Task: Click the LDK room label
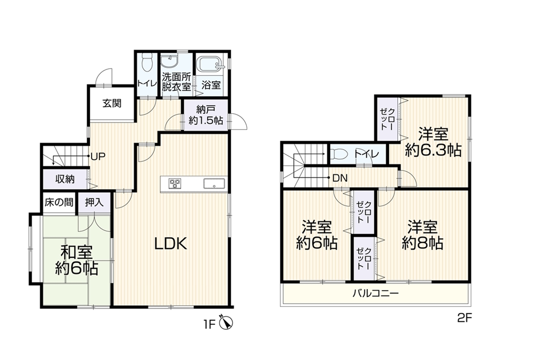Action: (x=170, y=244)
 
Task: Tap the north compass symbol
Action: (x=226, y=323)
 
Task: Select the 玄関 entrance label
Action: (x=112, y=103)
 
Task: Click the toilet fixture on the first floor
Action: (x=147, y=62)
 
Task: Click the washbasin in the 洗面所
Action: (x=169, y=61)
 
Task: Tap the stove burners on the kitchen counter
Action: (x=175, y=183)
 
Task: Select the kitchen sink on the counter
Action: (x=214, y=183)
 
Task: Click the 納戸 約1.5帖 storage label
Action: (x=206, y=115)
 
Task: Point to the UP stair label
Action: (x=98, y=157)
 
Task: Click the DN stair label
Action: (x=340, y=178)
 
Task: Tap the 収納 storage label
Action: (x=65, y=179)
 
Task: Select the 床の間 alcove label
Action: (x=59, y=203)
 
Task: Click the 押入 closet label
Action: (x=95, y=203)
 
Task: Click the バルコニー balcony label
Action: (x=376, y=293)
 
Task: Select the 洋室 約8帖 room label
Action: (x=423, y=235)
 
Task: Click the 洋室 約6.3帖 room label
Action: (x=433, y=142)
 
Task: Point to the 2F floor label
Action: (x=464, y=318)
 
